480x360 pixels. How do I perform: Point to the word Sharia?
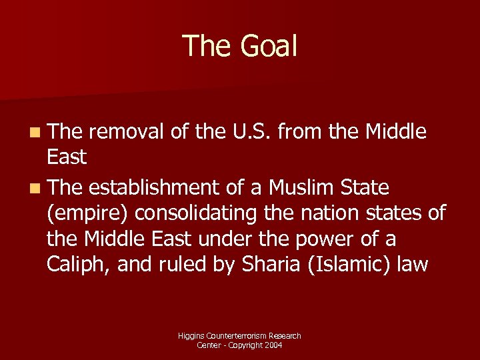tap(260, 264)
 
